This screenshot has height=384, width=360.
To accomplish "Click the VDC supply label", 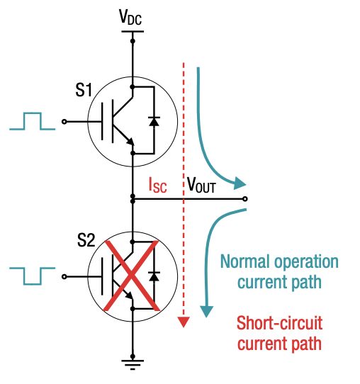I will tap(133, 17).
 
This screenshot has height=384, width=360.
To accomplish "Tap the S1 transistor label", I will tap(84, 90).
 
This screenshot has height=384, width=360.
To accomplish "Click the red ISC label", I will tap(158, 186).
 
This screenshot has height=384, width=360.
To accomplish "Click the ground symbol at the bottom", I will tap(133, 364).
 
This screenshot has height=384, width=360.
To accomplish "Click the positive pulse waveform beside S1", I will tap(32, 121).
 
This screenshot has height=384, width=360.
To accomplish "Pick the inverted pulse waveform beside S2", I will tap(32, 272).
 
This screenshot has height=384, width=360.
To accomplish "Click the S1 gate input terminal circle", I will tap(65, 121).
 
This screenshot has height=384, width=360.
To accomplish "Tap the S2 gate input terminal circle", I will tap(65, 276).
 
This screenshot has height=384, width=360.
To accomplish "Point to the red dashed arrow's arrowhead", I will tap(184, 322).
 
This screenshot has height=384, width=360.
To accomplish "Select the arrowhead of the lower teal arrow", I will tap(207, 310).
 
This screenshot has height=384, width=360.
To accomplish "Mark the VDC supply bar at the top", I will tap(133, 30).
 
